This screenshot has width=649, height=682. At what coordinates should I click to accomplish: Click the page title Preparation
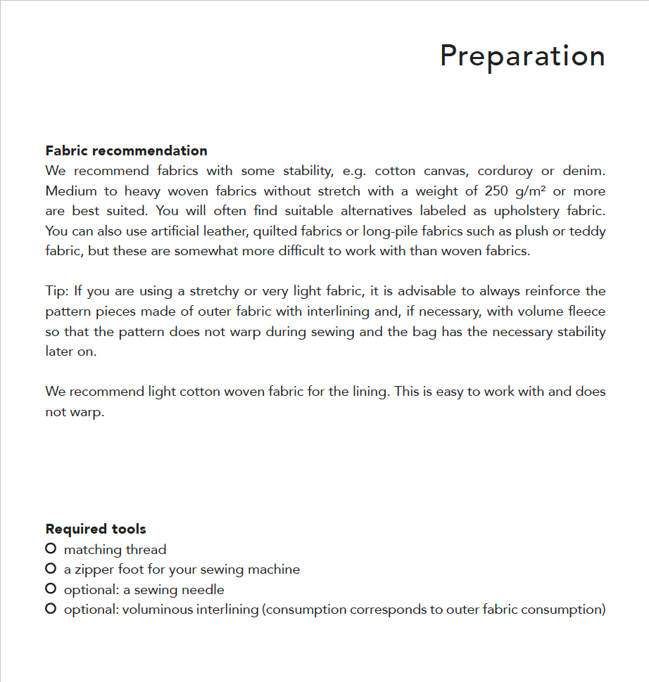point(522,56)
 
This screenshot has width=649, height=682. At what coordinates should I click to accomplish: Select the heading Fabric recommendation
point(126,150)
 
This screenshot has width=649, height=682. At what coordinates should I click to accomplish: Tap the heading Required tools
point(96,529)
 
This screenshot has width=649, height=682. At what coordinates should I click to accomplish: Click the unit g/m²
point(534,191)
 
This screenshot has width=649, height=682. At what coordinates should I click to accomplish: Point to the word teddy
point(588,231)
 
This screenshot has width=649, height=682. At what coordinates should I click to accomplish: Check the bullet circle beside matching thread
point(51,548)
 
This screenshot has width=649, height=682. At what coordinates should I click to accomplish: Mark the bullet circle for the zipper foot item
point(51,568)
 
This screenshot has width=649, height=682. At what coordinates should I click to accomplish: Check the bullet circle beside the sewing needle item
point(51,588)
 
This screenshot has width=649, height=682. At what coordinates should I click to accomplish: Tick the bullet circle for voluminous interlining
point(51,609)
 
